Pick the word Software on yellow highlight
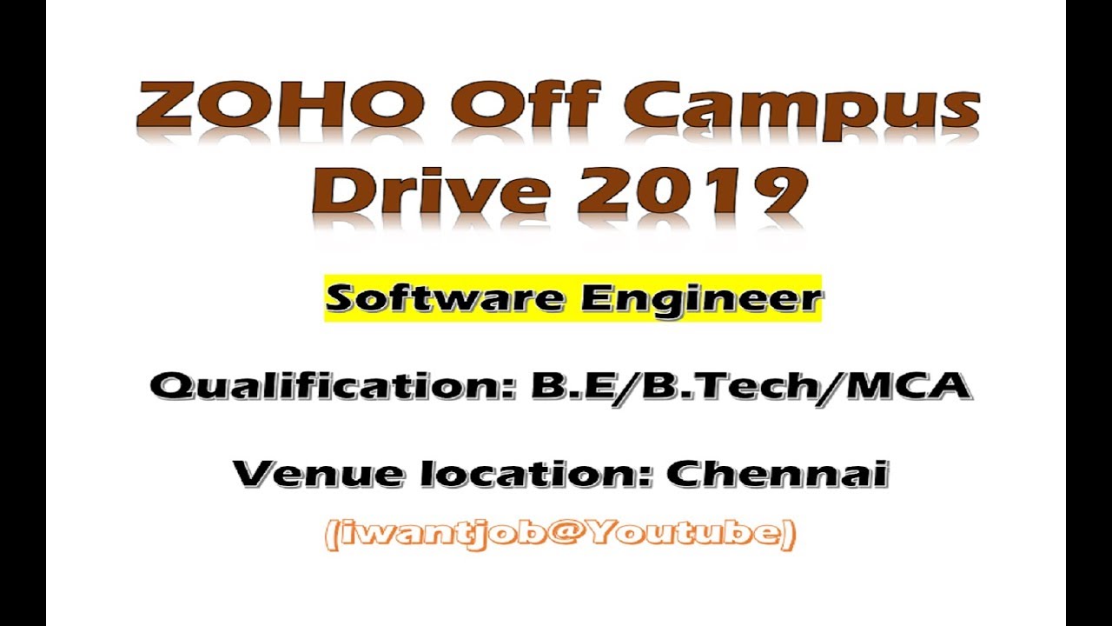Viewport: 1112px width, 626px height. (448, 299)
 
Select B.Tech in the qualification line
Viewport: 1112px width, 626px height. (726, 385)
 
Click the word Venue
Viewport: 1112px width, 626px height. (314, 475)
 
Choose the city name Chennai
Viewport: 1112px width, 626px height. (777, 475)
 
